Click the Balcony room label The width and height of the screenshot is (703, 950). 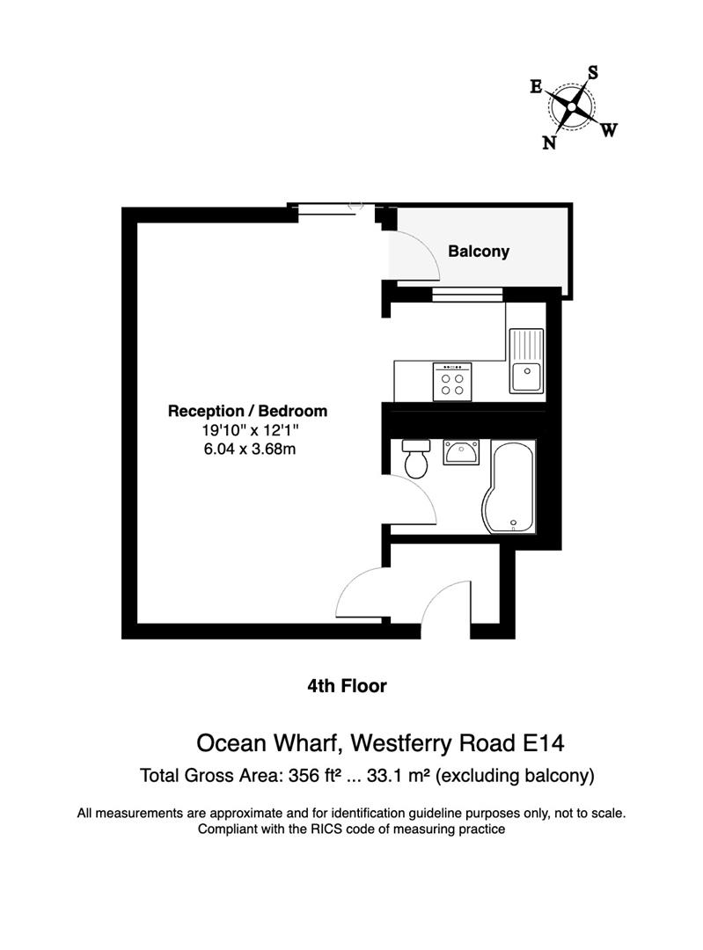(x=479, y=252)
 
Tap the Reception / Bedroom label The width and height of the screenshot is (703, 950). (x=247, y=411)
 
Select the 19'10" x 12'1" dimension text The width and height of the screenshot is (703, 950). (x=247, y=430)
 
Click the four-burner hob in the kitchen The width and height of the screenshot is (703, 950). (x=454, y=381)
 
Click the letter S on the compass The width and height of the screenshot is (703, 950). (x=593, y=73)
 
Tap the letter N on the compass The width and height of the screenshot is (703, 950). (x=549, y=143)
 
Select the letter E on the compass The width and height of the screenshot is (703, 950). (x=535, y=86)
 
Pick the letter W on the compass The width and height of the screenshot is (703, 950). (x=609, y=131)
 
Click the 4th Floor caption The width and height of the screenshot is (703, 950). (x=347, y=685)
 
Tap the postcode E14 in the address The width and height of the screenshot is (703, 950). (x=544, y=742)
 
